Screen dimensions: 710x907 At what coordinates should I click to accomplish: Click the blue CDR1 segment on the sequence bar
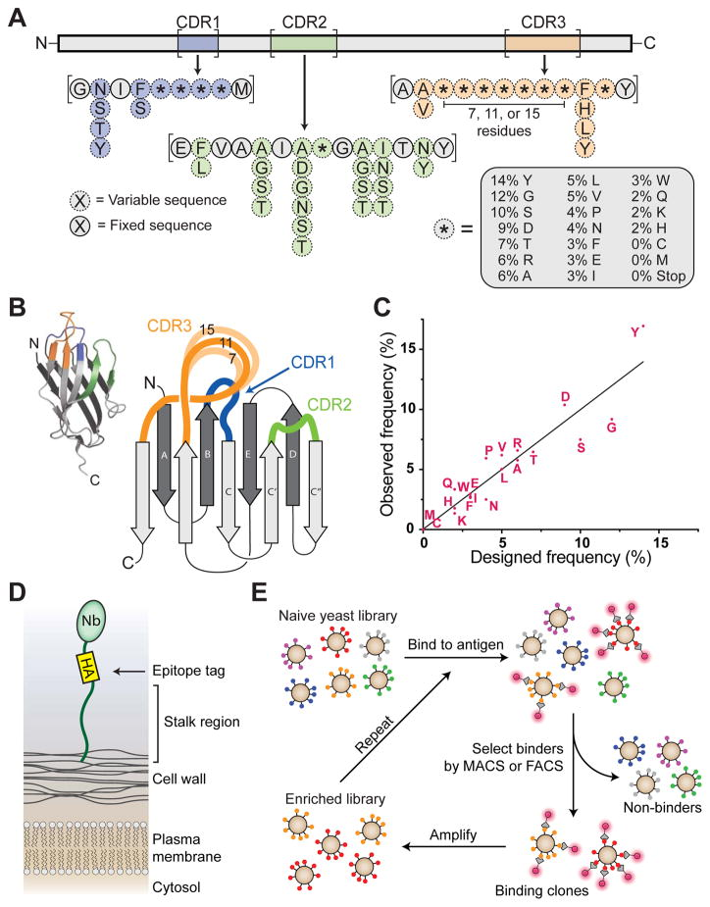198,43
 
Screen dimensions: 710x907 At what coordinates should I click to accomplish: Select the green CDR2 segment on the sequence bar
304,43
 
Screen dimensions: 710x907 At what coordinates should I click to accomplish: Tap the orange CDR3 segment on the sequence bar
542,43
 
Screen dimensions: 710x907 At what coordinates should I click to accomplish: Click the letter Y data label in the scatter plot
634,332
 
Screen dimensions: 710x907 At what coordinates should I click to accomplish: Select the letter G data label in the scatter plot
612,428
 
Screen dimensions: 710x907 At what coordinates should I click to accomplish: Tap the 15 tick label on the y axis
409,349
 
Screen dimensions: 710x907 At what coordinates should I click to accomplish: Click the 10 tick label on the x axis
582,542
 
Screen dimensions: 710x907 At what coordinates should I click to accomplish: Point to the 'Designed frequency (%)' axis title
561,557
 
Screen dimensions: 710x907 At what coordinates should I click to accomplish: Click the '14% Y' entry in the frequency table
512,180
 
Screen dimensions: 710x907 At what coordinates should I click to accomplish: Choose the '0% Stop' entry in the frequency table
658,276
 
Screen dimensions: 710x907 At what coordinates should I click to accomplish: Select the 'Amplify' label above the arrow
453,834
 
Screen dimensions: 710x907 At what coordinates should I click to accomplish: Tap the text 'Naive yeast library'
338,615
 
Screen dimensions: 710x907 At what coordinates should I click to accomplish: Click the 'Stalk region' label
201,722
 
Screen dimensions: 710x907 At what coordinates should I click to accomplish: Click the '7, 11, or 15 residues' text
504,122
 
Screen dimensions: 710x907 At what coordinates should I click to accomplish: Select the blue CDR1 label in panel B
313,363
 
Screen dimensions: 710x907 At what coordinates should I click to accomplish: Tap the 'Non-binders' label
662,807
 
